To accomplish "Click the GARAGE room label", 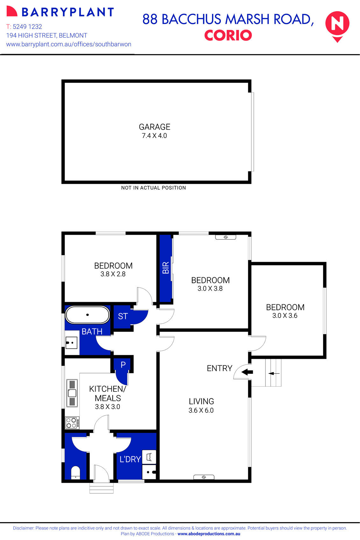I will coord(154,127).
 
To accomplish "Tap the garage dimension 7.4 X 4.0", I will coord(154,136).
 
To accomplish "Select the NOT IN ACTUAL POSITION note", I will coord(153,188).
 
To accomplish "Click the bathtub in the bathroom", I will coord(88,315).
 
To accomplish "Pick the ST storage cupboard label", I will coord(123,316).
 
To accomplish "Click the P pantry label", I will coord(123,365).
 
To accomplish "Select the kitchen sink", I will coord(72,393).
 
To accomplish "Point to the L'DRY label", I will coord(130,459).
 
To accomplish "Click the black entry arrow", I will coord(247,372).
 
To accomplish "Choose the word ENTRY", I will coord(219,368).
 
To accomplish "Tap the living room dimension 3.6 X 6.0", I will coord(201,411).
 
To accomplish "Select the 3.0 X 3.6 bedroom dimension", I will coord(285,316).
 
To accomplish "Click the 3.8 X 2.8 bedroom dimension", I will coord(113,274).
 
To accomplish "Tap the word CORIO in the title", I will coord(228,35).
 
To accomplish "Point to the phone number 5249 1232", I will coord(27,27).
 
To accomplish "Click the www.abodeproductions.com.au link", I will coord(209,534).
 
